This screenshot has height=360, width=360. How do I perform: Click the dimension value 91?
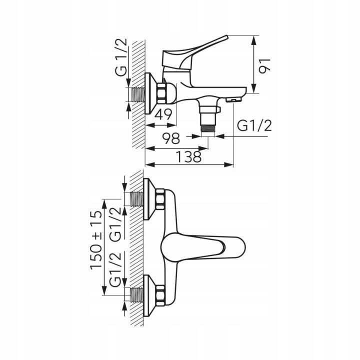(x=264, y=66)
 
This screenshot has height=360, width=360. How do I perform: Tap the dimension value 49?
(x=163, y=114)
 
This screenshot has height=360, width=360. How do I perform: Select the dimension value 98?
(x=171, y=138)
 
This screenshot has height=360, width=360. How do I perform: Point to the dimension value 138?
(x=188, y=157)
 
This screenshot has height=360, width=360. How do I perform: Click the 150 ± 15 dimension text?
(x=95, y=240)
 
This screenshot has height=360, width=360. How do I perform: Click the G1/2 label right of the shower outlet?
(x=254, y=126)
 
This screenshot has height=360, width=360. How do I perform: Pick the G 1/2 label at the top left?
(x=121, y=57)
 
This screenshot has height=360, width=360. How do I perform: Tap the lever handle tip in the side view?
(x=226, y=37)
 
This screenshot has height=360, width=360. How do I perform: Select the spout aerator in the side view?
(x=234, y=100)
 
